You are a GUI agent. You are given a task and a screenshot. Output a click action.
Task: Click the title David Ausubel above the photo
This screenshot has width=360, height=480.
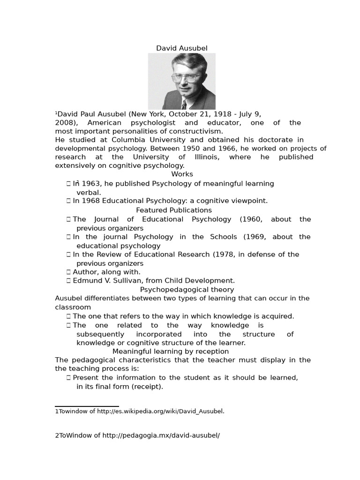[x=181, y=48]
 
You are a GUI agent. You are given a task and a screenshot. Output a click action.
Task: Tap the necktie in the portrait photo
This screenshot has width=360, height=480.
[x=184, y=104]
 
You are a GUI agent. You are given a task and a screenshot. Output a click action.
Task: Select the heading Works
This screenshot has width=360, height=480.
[x=182, y=174]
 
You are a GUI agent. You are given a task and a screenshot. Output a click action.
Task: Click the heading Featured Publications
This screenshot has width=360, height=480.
[x=174, y=210]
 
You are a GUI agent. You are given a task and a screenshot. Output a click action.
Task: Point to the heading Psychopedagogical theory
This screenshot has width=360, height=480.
[x=187, y=290]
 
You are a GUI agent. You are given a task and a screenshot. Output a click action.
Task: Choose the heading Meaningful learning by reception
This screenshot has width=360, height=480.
[x=171, y=351]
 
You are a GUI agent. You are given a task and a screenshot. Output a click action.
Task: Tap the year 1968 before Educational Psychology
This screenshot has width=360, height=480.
[x=91, y=201]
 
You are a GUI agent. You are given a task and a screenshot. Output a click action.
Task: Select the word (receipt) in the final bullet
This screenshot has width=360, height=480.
[x=147, y=386]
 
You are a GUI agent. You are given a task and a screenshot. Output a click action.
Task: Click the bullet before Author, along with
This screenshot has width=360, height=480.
[x=68, y=272]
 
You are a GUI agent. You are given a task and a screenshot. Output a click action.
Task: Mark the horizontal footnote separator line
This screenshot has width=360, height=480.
[x=87, y=406]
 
